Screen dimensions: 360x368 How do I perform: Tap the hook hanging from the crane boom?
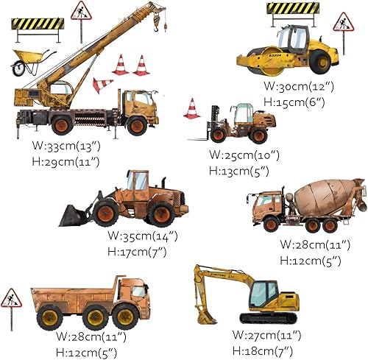[155, 27]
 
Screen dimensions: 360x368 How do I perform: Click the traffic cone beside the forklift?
[191, 109]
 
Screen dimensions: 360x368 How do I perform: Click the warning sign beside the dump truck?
[12, 300]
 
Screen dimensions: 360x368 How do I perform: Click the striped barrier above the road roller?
[293, 10]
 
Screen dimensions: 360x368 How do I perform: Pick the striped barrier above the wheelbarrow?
[38, 24]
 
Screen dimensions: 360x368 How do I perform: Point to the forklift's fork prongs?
[197, 138]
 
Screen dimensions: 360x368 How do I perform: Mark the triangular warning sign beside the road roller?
[343, 23]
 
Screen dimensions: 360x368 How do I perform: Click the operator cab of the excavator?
[263, 294]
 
